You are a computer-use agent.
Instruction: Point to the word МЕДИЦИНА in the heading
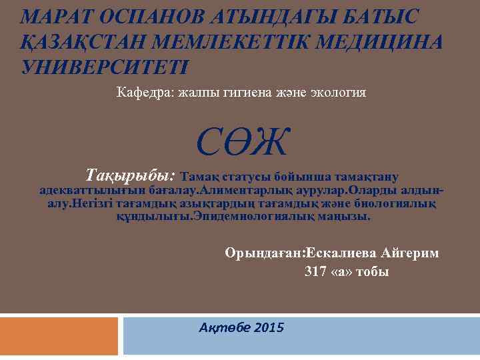point(379,41)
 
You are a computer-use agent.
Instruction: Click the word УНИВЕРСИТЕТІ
point(106,67)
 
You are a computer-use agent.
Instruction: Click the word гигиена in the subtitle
point(250,92)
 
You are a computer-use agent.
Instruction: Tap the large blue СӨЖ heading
point(243,141)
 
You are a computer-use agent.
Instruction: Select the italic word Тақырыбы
point(130,175)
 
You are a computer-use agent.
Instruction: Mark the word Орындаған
point(265,253)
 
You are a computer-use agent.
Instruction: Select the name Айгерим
point(411,253)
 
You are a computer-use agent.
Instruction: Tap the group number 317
point(315,272)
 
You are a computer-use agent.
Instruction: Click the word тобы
point(372,272)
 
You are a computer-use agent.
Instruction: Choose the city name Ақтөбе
point(220,327)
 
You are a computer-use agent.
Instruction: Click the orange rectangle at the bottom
point(59,335)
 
